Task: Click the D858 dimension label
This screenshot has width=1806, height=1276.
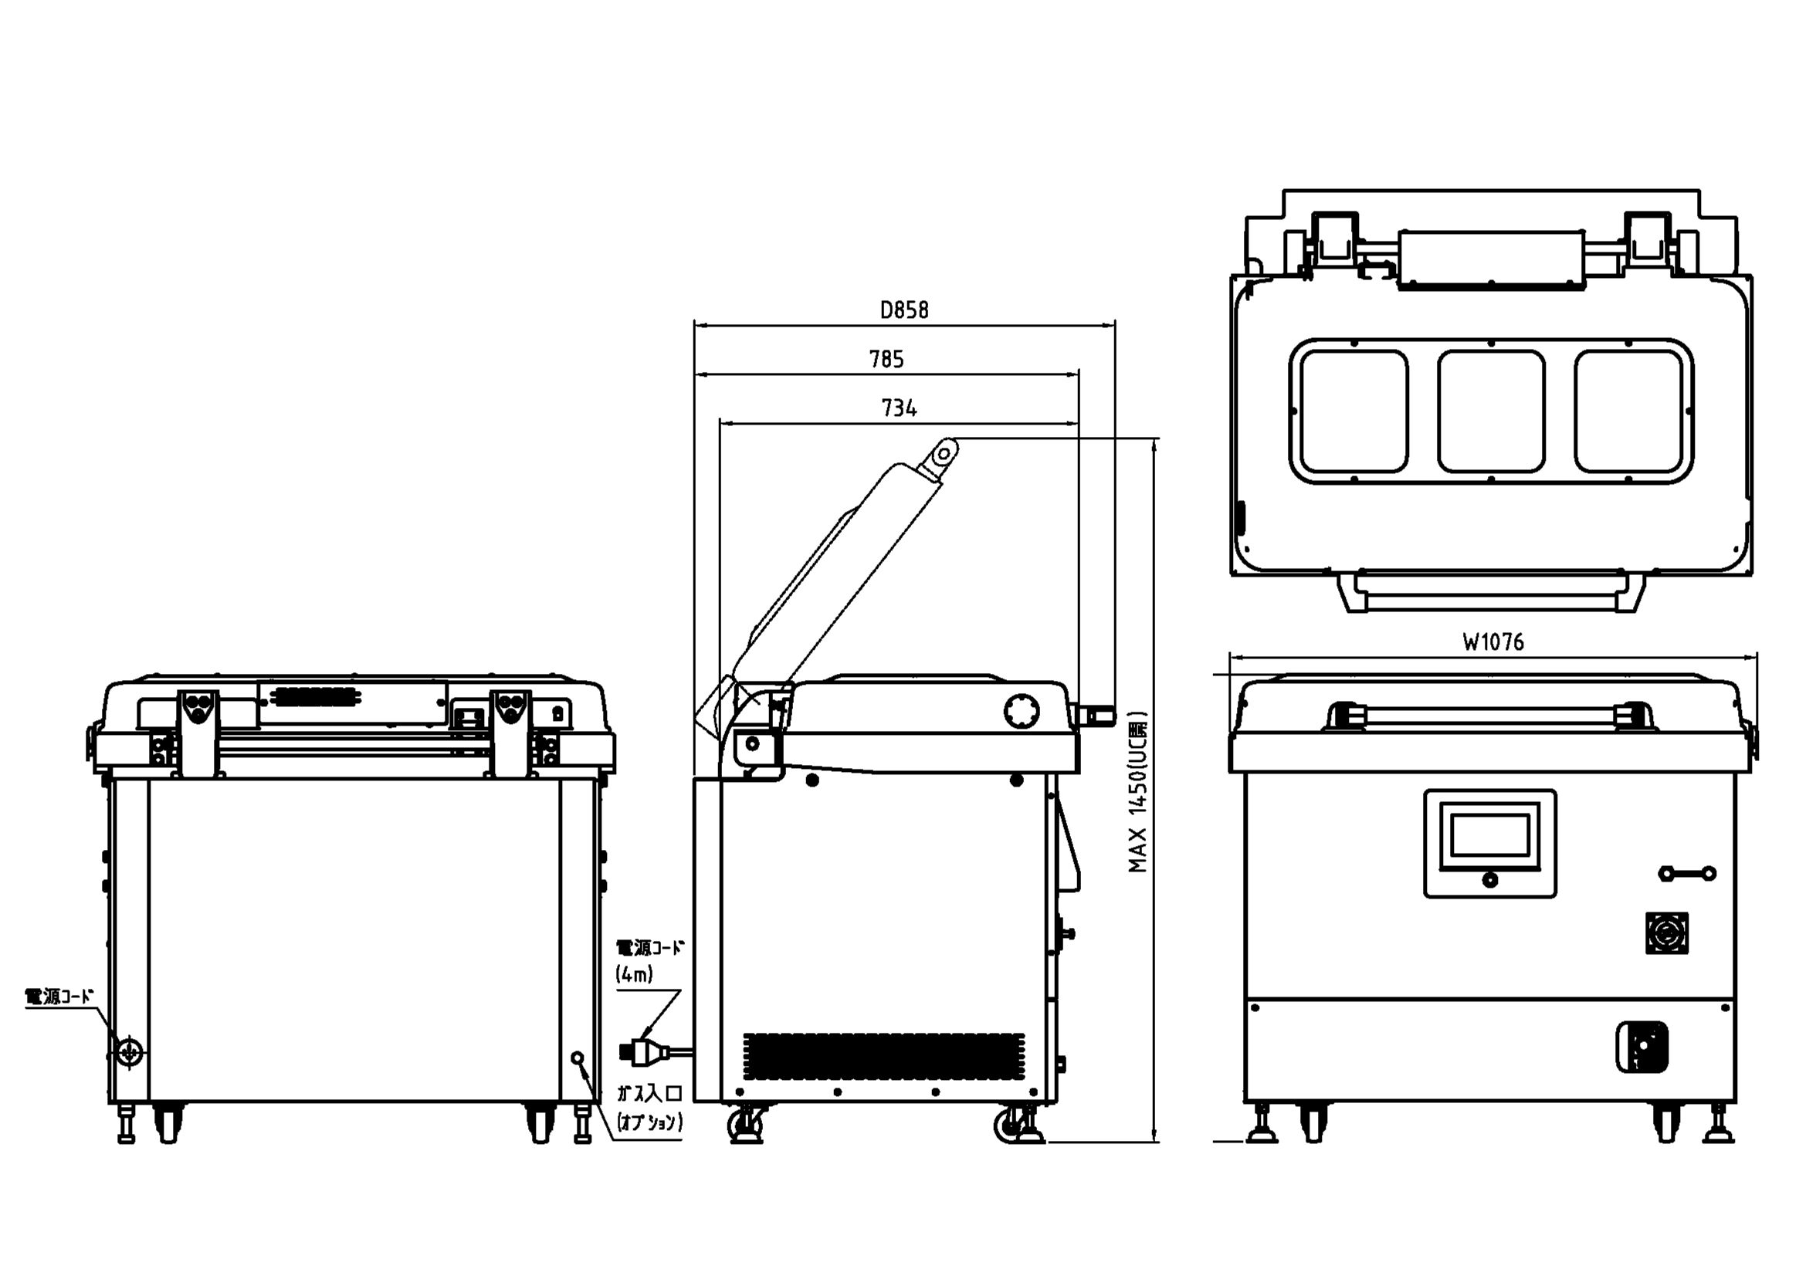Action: pos(904,310)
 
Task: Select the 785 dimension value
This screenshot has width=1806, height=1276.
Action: pos(886,359)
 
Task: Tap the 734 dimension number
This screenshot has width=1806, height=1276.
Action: pos(898,408)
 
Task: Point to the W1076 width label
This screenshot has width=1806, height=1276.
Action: pos(1493,642)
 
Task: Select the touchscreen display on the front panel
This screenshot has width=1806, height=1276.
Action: pos(1489,836)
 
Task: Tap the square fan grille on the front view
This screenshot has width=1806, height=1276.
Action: pos(1667,933)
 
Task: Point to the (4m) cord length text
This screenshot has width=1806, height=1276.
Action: pos(634,974)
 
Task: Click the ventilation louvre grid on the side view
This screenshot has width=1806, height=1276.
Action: pos(883,1056)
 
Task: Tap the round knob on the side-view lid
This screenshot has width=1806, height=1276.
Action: pos(1021,711)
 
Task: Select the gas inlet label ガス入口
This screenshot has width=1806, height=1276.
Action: pos(649,1093)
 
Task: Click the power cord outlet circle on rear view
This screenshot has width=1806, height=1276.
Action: pos(128,1051)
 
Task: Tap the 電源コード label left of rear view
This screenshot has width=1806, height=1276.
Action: pos(59,997)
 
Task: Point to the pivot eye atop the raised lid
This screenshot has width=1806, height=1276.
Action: pos(943,452)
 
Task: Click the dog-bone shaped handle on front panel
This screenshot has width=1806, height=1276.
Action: pos(1686,874)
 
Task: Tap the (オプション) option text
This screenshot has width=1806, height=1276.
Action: pos(649,1122)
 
